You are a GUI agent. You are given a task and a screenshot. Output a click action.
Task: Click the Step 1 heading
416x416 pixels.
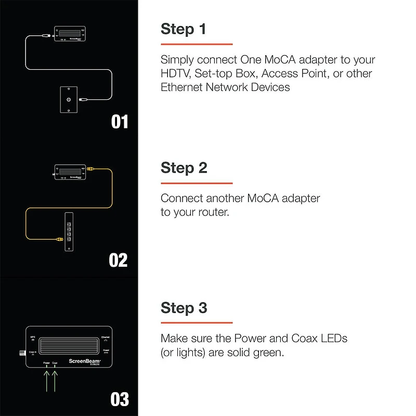184,29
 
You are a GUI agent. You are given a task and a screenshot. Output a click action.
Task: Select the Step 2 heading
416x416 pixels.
184,168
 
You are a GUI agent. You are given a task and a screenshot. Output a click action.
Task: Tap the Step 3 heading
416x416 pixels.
184,308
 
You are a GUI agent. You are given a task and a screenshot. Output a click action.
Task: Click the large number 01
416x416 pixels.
120,122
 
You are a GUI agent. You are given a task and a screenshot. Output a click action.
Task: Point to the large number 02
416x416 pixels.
119,260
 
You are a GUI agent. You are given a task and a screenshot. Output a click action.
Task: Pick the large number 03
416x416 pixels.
120,399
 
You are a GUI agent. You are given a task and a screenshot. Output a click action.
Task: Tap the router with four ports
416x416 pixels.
69,232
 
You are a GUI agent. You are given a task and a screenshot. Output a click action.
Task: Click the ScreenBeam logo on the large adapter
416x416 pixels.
79,359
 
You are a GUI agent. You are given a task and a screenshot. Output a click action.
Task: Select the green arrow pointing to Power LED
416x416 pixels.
46,379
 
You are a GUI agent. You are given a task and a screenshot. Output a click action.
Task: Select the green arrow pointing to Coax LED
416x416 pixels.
55,379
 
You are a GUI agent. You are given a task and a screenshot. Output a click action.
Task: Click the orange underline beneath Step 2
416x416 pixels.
197,183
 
